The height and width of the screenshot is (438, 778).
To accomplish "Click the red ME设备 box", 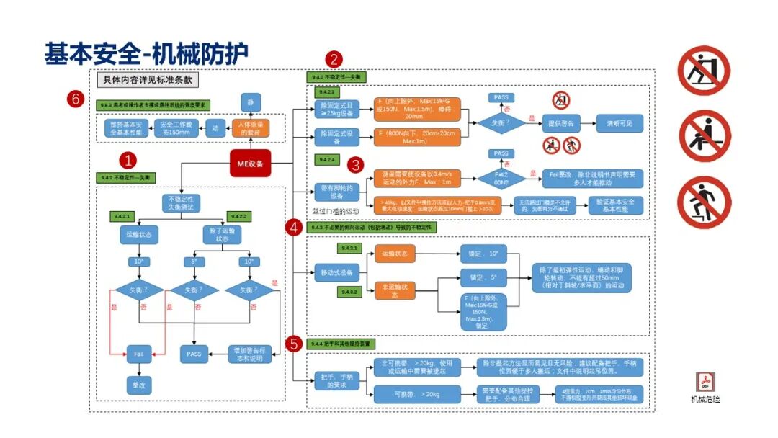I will point(251,164).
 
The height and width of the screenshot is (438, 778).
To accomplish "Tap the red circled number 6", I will point(74,99).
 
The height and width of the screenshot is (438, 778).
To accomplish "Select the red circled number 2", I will point(334,59).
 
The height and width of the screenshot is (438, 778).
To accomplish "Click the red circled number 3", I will point(355,165).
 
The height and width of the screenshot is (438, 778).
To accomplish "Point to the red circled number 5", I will point(293,343).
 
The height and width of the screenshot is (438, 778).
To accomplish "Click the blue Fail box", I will point(140,353).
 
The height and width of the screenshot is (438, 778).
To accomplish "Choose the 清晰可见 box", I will point(619,123).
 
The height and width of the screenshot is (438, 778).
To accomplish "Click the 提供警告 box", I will point(562,123).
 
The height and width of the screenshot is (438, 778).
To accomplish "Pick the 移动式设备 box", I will point(336,273).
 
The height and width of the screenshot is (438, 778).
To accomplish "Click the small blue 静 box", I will point(251,103).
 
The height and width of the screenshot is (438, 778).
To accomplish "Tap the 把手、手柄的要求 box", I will point(336,381).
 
